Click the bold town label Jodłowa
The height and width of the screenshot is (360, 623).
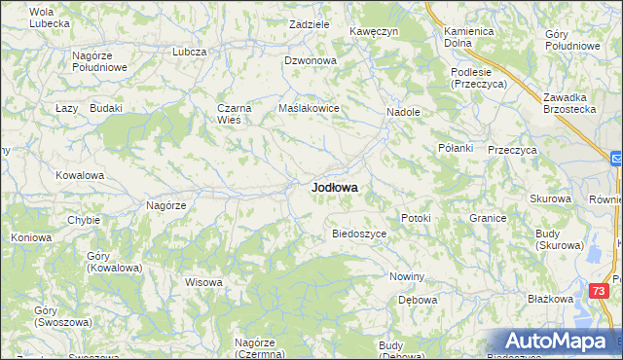click(334, 187)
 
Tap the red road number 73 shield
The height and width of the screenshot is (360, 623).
click(601, 291)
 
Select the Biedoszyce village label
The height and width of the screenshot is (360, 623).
click(360, 234)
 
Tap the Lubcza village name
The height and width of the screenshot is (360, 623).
click(190, 52)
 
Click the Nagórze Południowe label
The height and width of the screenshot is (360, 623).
click(100, 62)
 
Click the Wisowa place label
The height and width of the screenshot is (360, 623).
click(204, 283)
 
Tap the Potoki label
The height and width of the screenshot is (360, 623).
click(416, 218)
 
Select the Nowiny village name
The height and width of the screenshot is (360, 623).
click(407, 276)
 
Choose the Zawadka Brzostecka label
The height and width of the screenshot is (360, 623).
click(569, 103)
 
